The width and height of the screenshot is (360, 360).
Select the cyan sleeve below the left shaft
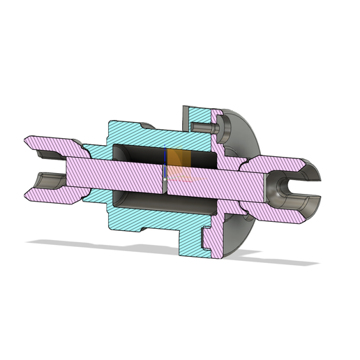click(94, 197)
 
